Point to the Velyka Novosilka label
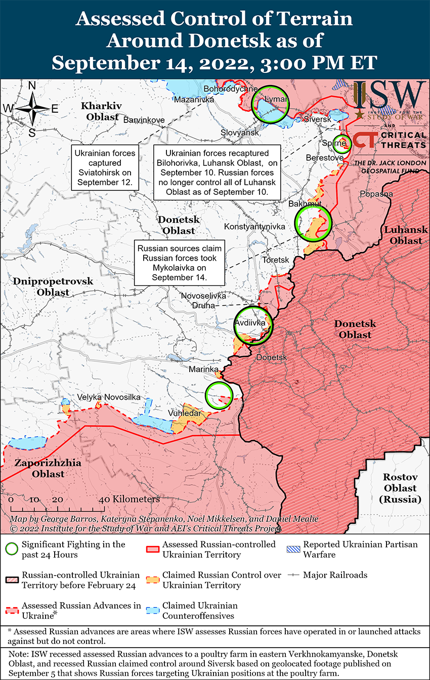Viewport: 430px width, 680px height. pos(109,397)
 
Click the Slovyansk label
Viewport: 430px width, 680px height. pos(240,133)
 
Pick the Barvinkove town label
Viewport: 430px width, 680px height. pos(144,120)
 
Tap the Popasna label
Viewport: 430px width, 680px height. pos(376,194)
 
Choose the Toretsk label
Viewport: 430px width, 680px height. pos(276,260)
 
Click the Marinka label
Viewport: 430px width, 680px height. pos(203,369)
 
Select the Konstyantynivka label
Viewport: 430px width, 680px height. pos(254,226)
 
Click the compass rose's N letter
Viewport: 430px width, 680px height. pos(32,86)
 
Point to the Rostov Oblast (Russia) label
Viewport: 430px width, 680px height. pos(400,488)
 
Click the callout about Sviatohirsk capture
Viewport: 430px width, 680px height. pos(105,167)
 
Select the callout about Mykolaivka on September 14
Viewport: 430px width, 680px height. pos(179,263)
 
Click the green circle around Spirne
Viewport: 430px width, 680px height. pos(342,143)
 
